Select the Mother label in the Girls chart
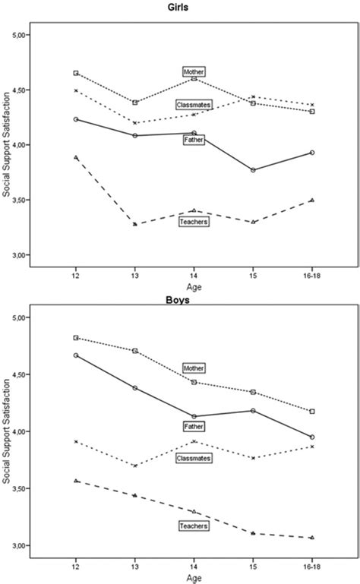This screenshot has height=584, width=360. coord(194,71)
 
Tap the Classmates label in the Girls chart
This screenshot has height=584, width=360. coord(194,104)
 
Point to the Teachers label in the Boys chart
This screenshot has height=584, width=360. coord(194,526)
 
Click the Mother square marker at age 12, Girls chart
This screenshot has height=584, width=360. coord(76,73)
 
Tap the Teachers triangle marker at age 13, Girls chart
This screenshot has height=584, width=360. coord(135,224)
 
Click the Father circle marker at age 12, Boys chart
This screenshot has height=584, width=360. coord(76,355)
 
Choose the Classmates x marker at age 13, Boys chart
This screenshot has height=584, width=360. coord(135,466)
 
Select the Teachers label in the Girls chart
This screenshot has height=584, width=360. coord(194,222)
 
